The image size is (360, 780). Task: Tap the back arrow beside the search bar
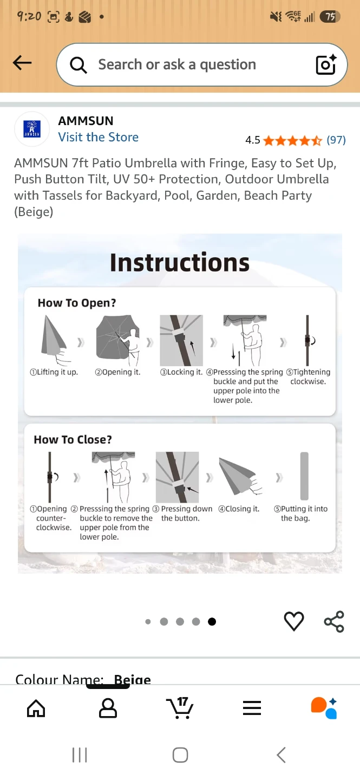click(22, 63)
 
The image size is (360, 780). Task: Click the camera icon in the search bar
click(326, 64)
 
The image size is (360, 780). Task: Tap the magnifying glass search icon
click(78, 65)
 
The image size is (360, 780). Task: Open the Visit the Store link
click(98, 137)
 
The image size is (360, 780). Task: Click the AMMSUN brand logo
click(32, 129)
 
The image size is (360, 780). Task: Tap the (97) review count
click(336, 140)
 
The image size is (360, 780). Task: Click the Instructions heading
click(180, 262)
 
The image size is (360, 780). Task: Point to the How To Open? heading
click(76, 303)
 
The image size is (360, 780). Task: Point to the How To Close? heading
click(73, 439)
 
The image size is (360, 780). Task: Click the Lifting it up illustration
click(55, 340)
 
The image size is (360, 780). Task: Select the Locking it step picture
click(181, 340)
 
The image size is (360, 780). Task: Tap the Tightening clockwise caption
click(308, 376)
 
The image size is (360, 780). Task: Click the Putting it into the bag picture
click(304, 476)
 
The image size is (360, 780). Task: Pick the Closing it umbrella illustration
click(240, 476)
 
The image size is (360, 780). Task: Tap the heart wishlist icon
click(294, 621)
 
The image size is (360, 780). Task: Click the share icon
click(334, 621)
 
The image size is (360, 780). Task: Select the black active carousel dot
click(212, 622)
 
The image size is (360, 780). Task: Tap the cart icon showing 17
click(180, 708)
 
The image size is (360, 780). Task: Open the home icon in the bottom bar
click(36, 708)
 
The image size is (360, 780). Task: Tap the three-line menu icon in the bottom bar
click(252, 708)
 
